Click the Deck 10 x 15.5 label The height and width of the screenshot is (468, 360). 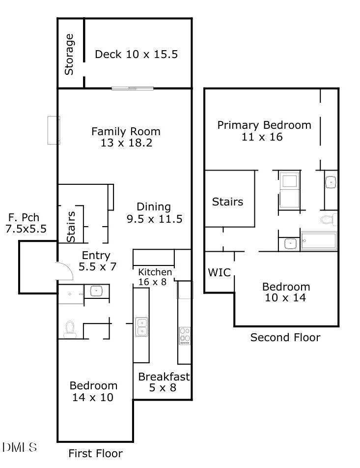[x=136, y=54]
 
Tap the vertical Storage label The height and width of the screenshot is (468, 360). [x=69, y=54]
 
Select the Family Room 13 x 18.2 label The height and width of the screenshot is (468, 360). [x=126, y=137]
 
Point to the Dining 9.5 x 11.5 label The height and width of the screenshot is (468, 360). [x=154, y=212]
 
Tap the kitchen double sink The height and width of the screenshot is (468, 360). [x=142, y=326]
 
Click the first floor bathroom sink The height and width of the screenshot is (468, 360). [x=96, y=291]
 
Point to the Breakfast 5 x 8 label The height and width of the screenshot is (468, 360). [x=164, y=382]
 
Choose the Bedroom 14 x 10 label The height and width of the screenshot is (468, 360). [x=93, y=391]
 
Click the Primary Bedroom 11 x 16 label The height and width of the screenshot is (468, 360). [x=264, y=131]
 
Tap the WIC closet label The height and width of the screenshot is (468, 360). [x=219, y=272]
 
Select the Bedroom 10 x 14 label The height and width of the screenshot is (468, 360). [x=285, y=292]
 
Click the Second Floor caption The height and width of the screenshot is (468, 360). [x=285, y=337]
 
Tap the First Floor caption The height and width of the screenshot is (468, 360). [x=95, y=453]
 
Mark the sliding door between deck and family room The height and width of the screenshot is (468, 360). [x=132, y=88]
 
